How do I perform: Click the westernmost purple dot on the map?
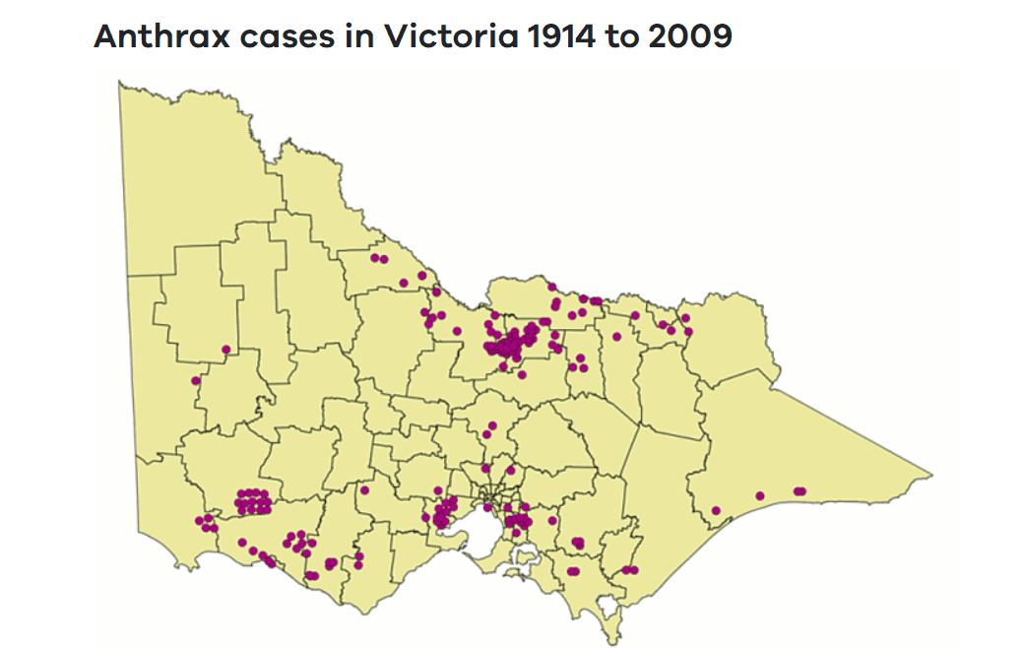[196, 381]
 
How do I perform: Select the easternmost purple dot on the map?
[801, 490]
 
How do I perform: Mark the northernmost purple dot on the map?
[375, 258]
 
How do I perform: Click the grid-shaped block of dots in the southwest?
[253, 502]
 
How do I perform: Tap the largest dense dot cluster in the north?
[512, 342]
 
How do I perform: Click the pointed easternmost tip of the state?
[931, 474]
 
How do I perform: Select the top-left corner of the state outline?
[119, 83]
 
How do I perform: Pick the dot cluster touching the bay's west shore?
[442, 514]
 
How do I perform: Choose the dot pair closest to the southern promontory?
[629, 570]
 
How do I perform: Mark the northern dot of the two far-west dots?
[226, 350]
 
